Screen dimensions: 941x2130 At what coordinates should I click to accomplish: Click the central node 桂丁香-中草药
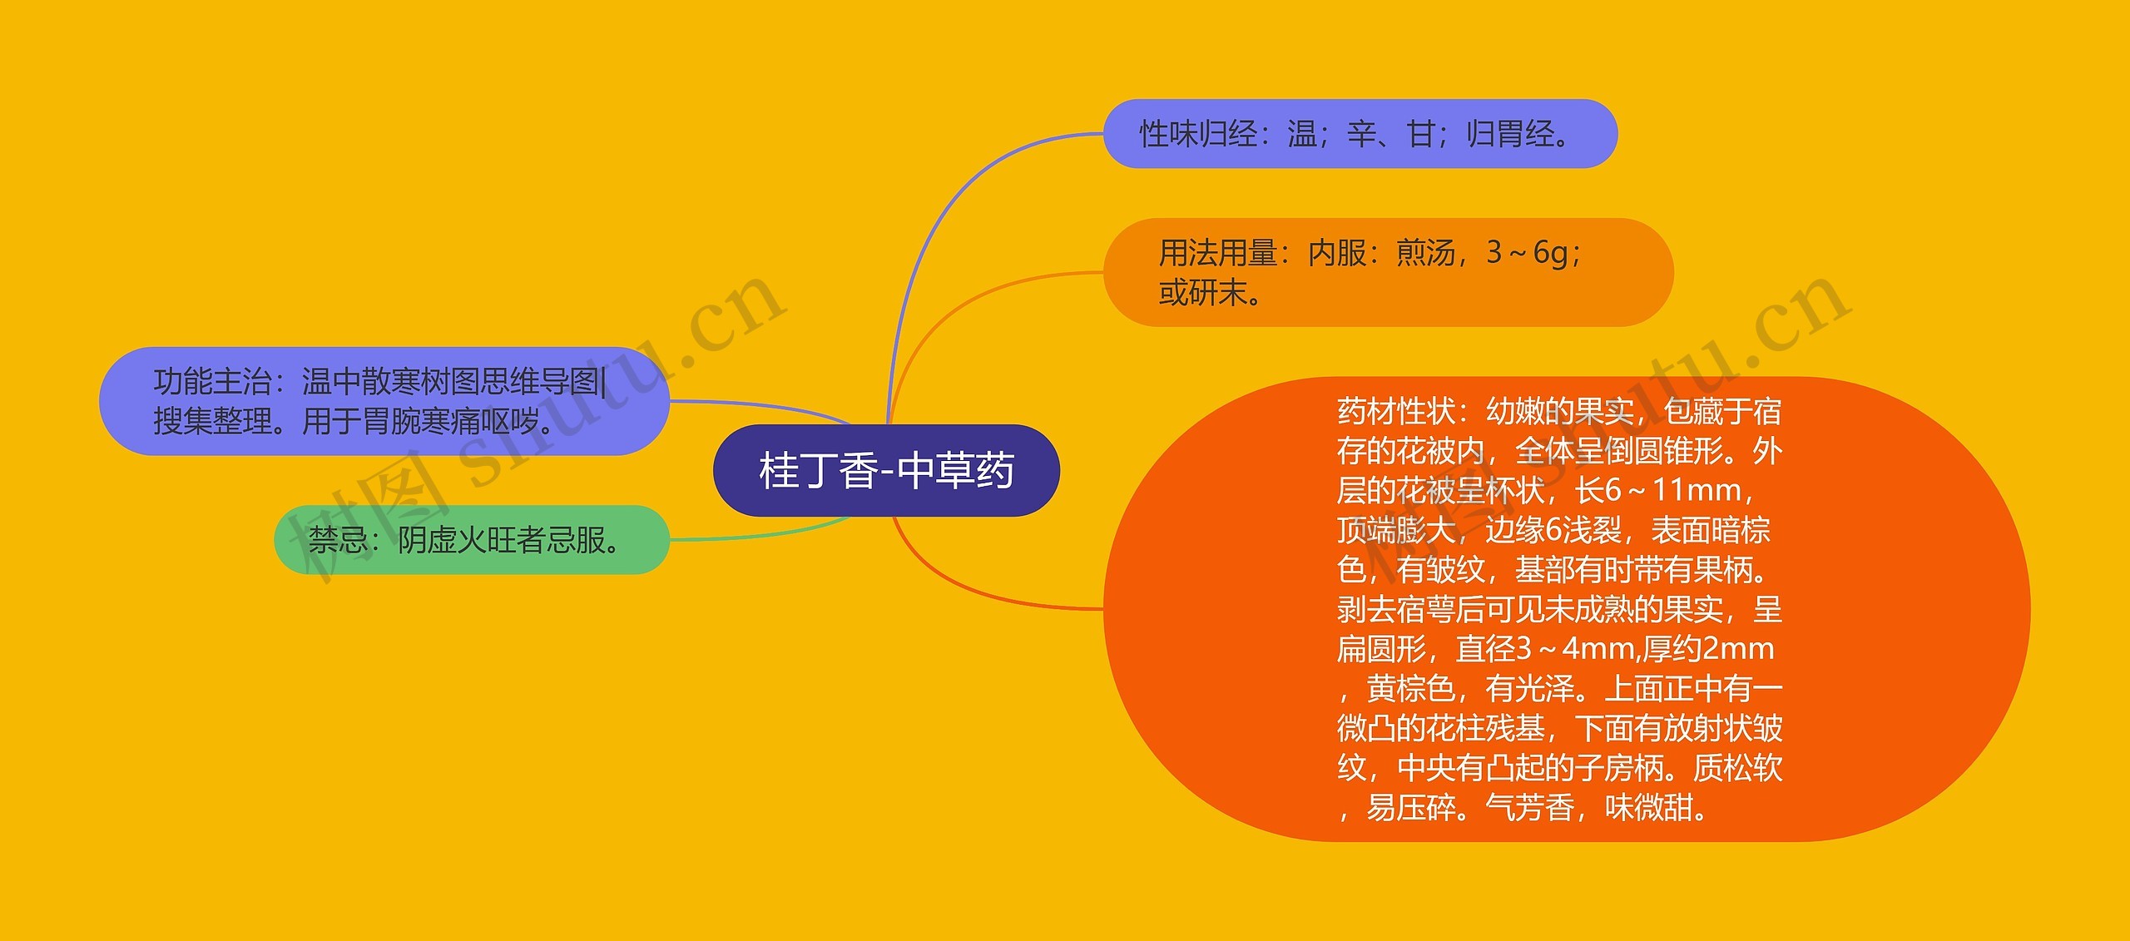(x=886, y=470)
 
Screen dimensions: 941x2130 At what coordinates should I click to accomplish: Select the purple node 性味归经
(x=1360, y=134)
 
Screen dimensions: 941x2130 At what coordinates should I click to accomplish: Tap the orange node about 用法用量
(x=1387, y=272)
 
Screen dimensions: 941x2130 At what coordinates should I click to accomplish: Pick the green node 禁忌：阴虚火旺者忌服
(x=471, y=540)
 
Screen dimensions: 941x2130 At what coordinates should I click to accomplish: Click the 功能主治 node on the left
(x=384, y=401)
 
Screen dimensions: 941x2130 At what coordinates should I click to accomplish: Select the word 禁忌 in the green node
(x=338, y=541)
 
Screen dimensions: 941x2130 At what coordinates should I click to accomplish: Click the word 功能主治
(x=212, y=382)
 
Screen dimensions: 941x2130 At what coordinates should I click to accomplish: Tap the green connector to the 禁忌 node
(x=757, y=537)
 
